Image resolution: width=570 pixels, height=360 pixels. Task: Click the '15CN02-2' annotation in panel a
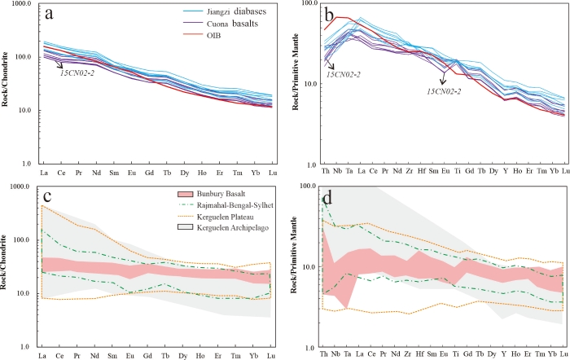click(x=80, y=73)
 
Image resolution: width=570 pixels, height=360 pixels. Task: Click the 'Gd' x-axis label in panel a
click(x=148, y=173)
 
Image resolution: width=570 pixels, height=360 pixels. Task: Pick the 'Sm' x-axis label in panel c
click(x=113, y=356)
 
